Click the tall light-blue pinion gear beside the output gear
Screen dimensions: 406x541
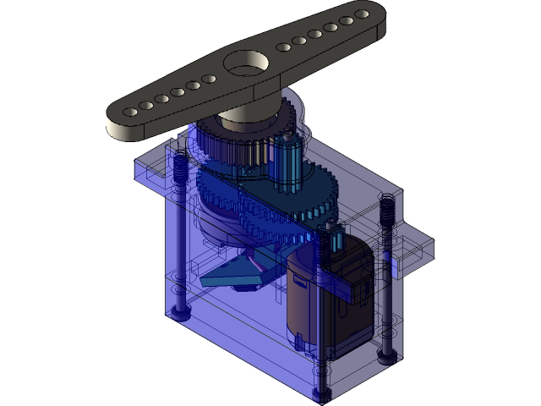[287, 161]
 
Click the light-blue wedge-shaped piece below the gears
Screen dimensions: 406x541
[237, 271]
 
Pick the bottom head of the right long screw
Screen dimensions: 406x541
[387, 355]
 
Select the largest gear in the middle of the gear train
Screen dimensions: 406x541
[279, 203]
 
